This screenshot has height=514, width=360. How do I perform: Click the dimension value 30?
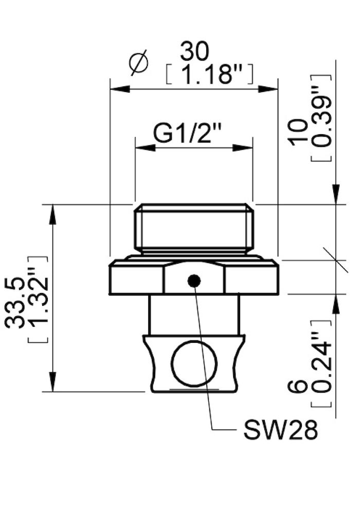tap(195, 51)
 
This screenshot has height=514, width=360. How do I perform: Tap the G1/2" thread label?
tap(187, 134)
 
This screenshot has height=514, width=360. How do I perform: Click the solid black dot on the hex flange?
tap(194, 281)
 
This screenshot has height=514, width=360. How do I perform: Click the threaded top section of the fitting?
tap(194, 229)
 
